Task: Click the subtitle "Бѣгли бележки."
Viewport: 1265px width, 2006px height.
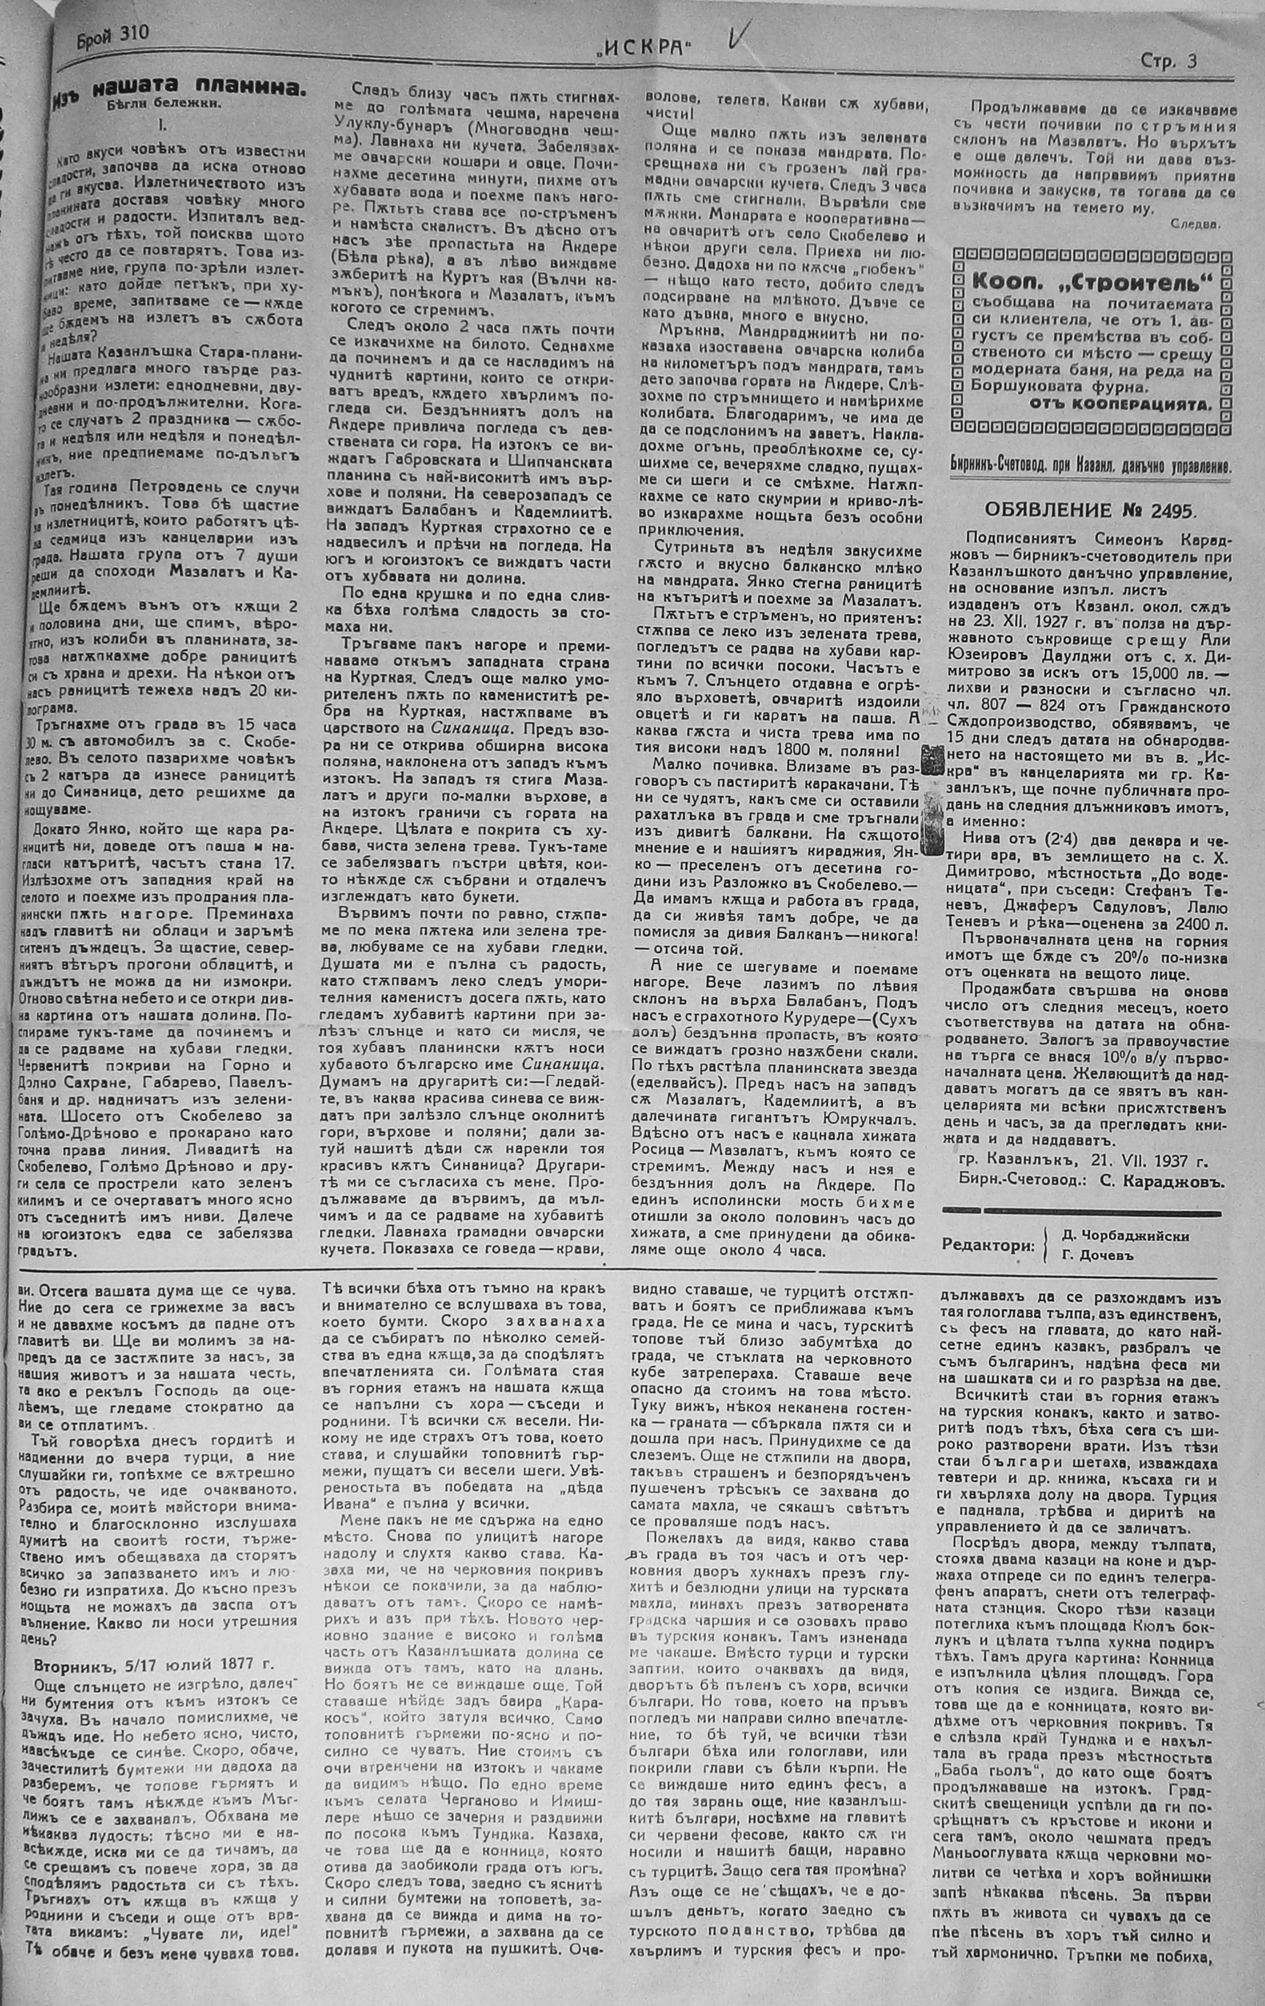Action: (x=164, y=106)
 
